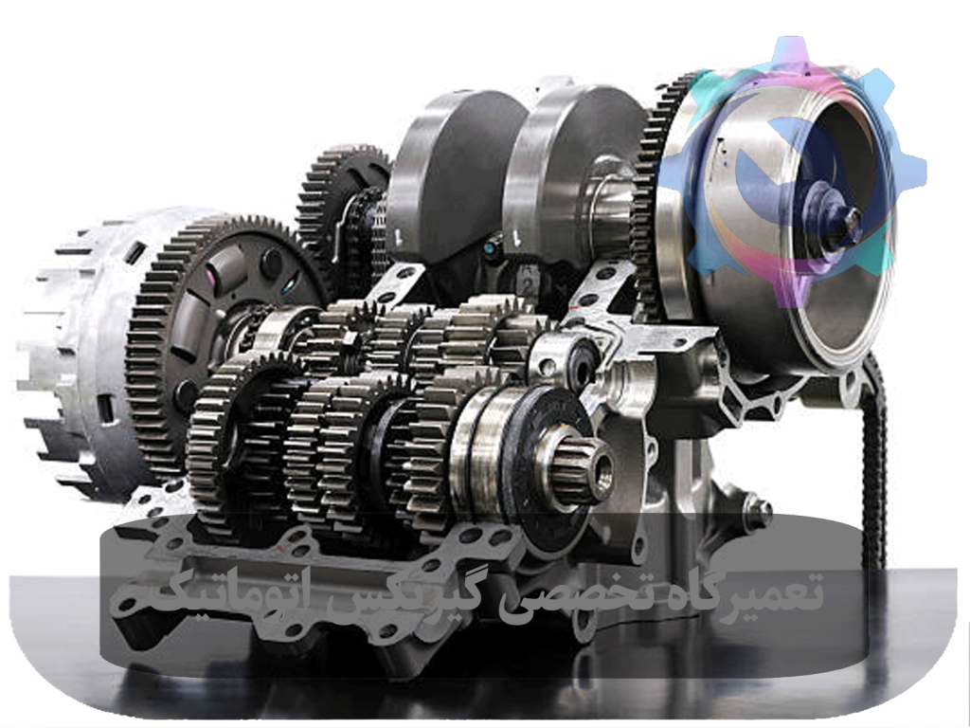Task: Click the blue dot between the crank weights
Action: (490, 249)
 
